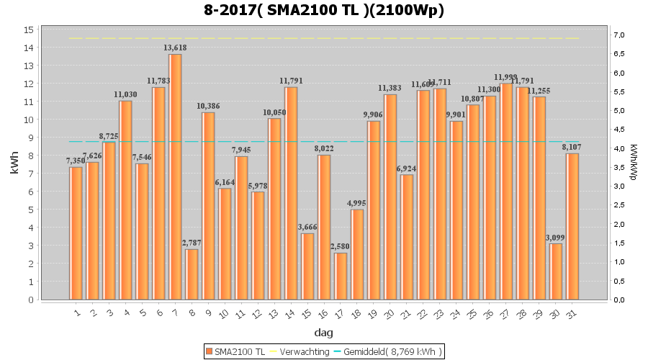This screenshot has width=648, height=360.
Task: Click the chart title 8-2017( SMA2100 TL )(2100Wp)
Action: point(324,10)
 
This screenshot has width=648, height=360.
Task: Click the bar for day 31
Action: point(572,226)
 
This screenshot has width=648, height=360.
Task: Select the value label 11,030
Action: point(125,94)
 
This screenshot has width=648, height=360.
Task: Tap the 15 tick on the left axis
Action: point(28,30)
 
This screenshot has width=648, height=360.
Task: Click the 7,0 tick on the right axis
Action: point(619,35)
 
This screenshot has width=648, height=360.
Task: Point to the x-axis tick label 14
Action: point(291,314)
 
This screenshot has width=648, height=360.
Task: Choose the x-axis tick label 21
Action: point(407,314)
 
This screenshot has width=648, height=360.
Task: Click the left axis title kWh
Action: point(14,165)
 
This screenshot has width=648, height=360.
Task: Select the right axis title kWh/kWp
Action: point(634,165)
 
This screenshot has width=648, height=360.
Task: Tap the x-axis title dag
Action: point(323,333)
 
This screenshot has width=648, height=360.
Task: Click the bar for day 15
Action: point(307,266)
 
